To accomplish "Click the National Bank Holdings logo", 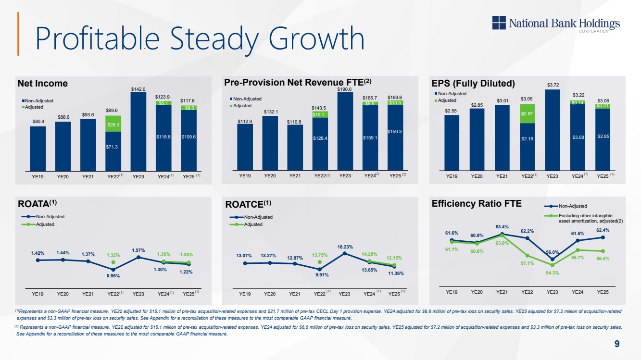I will [556, 23].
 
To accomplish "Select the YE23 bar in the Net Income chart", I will [138, 131].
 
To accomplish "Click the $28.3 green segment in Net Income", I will [113, 124].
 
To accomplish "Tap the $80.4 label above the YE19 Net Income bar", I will [38, 122].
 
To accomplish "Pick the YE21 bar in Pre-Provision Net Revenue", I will [295, 147].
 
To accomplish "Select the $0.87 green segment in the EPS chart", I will [527, 113].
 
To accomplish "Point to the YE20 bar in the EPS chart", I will [477, 139].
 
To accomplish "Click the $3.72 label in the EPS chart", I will [553, 85].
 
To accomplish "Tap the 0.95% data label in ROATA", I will [113, 276].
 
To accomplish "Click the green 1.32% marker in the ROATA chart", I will [113, 262].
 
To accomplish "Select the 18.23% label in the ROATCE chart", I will [345, 247].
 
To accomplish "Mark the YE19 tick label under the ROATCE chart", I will [245, 294].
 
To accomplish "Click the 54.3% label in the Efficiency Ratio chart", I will [553, 273].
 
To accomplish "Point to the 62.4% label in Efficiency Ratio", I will [603, 230].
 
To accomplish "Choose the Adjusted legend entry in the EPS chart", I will [447, 100].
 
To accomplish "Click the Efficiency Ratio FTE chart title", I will [477, 204].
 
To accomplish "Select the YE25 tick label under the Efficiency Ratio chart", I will [603, 292].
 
